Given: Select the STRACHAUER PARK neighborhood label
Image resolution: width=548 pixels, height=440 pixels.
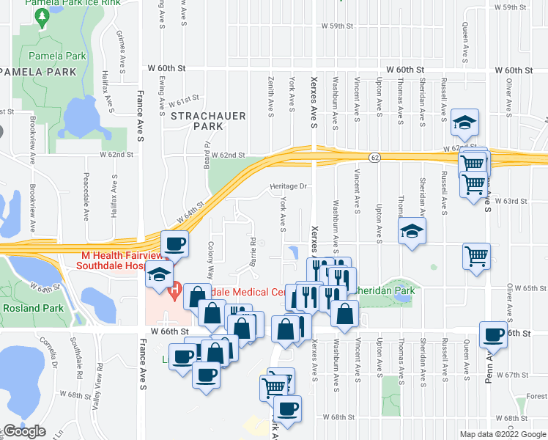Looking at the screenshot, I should tap(197, 121).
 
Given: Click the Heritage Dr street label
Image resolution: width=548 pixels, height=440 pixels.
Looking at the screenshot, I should tap(286, 186).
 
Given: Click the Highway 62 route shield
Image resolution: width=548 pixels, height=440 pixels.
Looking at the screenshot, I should tap(375, 157).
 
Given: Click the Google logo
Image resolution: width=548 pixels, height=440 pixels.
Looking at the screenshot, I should tap(23, 431).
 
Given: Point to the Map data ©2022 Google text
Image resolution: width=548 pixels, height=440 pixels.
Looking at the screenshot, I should tap(503, 434).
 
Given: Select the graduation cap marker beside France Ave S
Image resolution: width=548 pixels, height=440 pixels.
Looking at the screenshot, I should tap(158, 274).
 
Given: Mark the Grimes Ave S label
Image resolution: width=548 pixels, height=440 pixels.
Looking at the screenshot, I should tap(118, 45).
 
